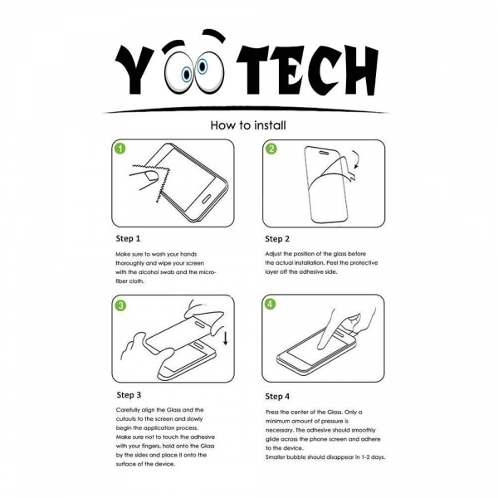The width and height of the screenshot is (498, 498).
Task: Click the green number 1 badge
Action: pyautogui.click(x=120, y=149)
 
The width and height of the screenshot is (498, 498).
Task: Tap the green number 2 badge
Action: pyautogui.click(x=271, y=149)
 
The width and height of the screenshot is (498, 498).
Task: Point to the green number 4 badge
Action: pyautogui.click(x=271, y=305)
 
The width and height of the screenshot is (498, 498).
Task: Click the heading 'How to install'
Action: pyautogui.click(x=248, y=126)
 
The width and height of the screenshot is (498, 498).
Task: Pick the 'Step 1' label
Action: pyautogui.click(x=128, y=238)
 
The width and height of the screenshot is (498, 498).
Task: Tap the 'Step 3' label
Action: pyautogui.click(x=129, y=394)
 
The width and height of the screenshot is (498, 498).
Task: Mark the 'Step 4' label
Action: pyautogui.click(x=277, y=396)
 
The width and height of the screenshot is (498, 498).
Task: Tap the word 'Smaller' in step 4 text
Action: pyautogui.click(x=278, y=457)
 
